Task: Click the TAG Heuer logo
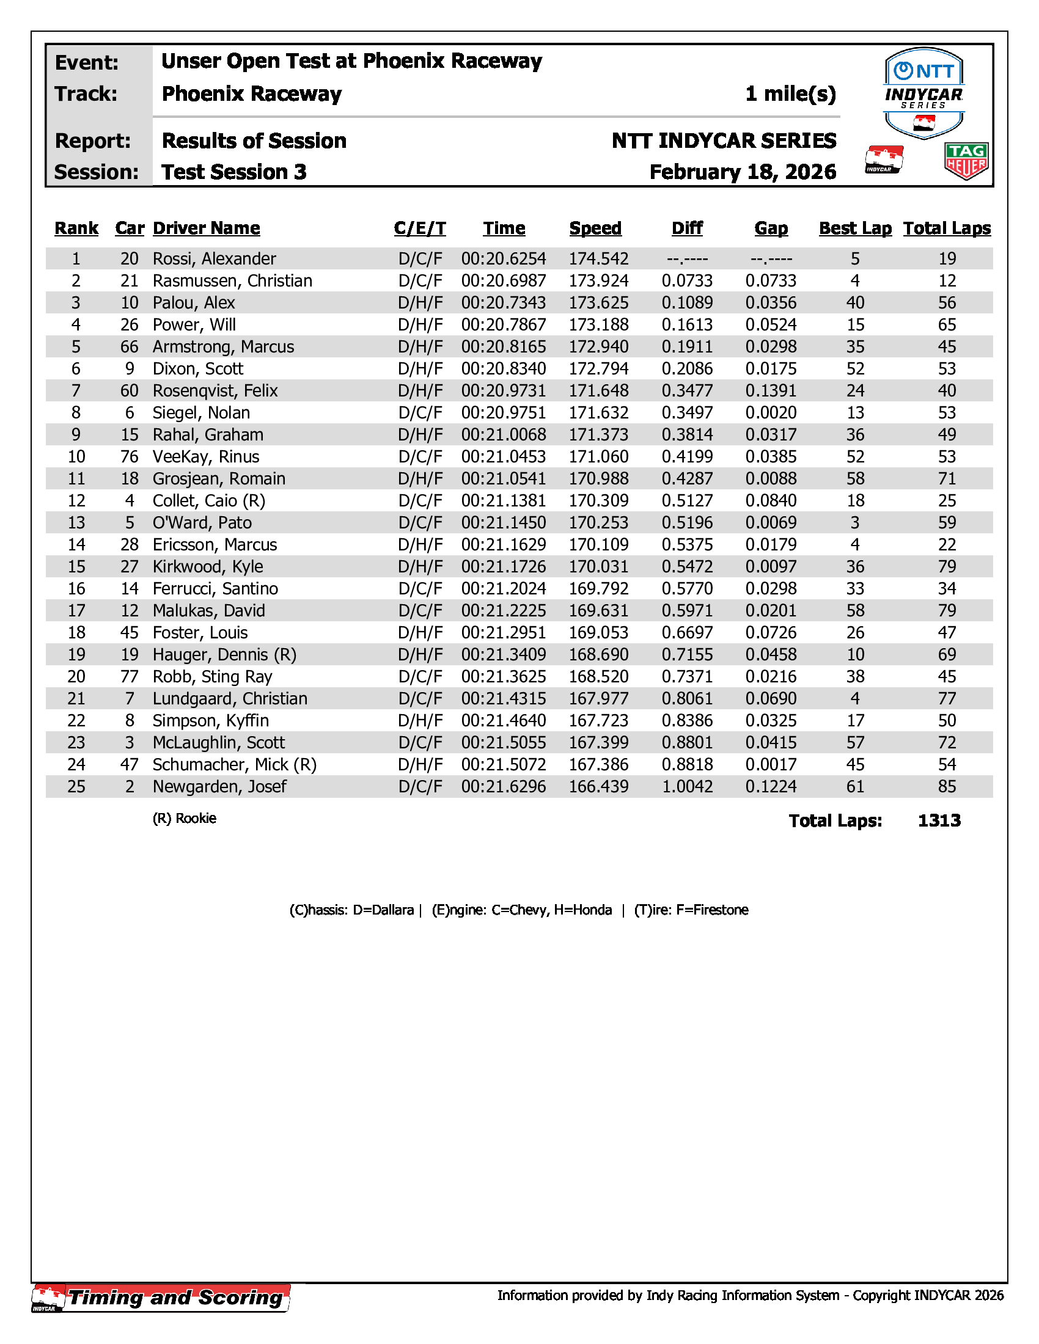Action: pos(966,161)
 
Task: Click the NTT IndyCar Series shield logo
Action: pos(923,93)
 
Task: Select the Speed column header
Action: pos(595,228)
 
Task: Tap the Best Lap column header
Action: pos(855,228)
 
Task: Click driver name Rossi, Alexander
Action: pos(214,258)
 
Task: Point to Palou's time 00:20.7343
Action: pos(504,303)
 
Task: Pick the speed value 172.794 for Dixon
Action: pos(598,368)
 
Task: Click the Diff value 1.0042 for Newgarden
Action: pos(687,786)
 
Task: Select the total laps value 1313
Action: pos(939,820)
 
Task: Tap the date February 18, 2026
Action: pos(743,172)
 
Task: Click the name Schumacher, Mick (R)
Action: pos(235,764)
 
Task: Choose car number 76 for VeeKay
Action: pos(129,456)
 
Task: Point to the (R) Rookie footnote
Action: pos(184,818)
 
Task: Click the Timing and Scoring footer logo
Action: pos(161,1298)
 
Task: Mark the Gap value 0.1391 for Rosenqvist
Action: pos(771,391)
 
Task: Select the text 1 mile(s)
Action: pos(790,93)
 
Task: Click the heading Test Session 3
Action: pos(234,172)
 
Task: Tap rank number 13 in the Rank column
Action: pos(76,522)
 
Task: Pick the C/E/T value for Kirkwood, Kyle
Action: pos(420,567)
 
